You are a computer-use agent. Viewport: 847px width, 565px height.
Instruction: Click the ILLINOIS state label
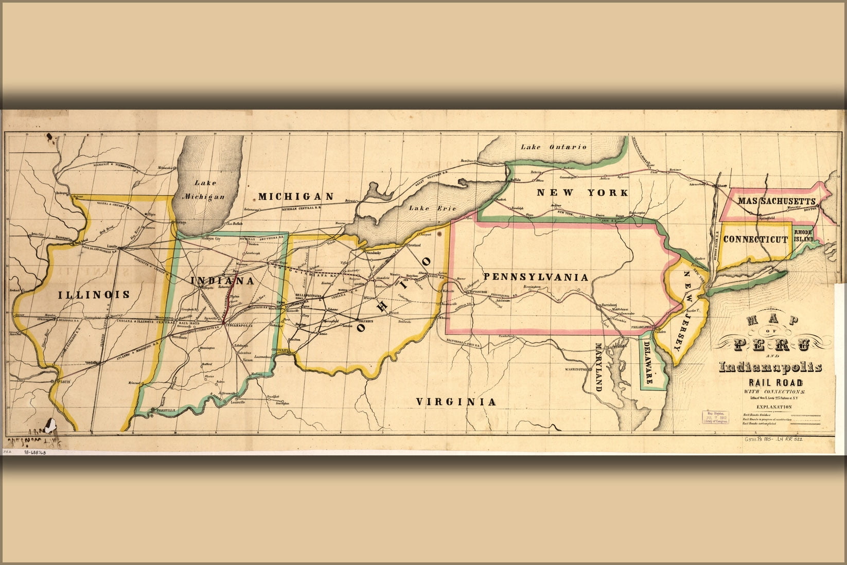click(94, 294)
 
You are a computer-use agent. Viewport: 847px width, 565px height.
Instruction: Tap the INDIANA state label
click(222, 281)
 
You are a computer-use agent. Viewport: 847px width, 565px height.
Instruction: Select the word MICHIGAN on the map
click(296, 197)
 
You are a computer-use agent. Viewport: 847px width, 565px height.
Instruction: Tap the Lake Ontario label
click(553, 147)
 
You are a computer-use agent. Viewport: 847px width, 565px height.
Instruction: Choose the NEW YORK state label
click(582, 193)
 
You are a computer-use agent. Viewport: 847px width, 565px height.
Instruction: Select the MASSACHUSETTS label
click(776, 201)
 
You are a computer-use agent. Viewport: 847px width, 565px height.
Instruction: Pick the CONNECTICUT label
click(755, 239)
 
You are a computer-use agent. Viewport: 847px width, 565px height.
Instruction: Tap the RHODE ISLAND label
click(804, 236)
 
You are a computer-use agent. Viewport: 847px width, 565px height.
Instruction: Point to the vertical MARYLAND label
click(598, 366)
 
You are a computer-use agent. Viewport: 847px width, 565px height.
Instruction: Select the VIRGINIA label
click(456, 402)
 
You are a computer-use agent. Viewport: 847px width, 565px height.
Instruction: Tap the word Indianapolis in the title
click(770, 367)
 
